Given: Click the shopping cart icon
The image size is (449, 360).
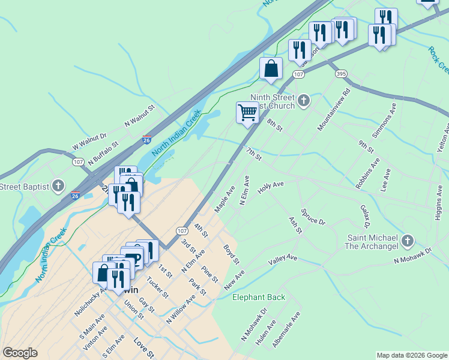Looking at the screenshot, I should (x=247, y=112).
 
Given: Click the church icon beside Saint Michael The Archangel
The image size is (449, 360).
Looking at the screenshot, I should (x=408, y=241).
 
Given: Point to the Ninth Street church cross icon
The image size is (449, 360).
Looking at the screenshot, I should (x=304, y=100).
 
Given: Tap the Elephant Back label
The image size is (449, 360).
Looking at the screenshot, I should (x=259, y=297).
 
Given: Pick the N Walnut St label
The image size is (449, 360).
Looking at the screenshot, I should (x=140, y=115).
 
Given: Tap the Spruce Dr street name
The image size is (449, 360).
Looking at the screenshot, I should (x=313, y=217).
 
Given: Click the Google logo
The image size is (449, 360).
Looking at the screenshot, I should (x=20, y=353).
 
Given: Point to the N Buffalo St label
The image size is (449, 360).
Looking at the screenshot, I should (x=104, y=154).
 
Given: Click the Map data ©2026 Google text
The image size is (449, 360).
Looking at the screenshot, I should (x=411, y=355).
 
